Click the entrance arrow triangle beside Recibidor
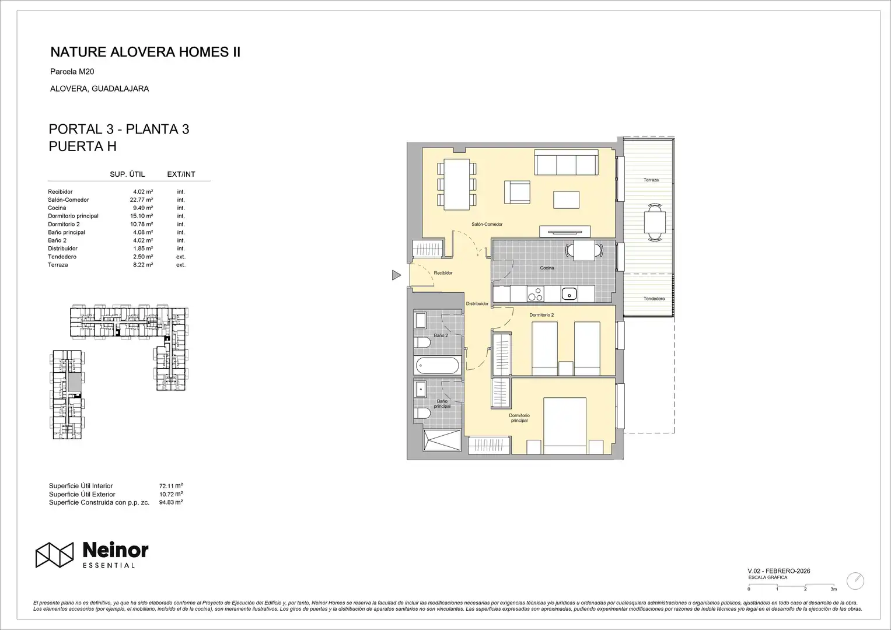pos(396,275)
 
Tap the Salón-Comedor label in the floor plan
pos(487,225)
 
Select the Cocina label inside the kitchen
pos(547,268)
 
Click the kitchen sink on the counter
pos(569,294)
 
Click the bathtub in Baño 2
pos(437,365)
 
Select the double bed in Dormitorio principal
pos(565,426)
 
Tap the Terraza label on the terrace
pos(651,180)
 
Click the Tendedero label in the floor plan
pos(654,299)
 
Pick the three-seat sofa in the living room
pos(566,162)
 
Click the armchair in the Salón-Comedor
pos(517,192)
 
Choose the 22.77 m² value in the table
pos(141,199)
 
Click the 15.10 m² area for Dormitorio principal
pos(141,216)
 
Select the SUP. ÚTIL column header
pos(127,174)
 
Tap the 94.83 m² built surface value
pos(171,502)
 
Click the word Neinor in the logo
pos(116,551)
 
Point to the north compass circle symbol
pos(855,580)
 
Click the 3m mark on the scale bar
pos(833,589)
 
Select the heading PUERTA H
pos(83,146)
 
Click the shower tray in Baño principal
pos(442,440)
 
